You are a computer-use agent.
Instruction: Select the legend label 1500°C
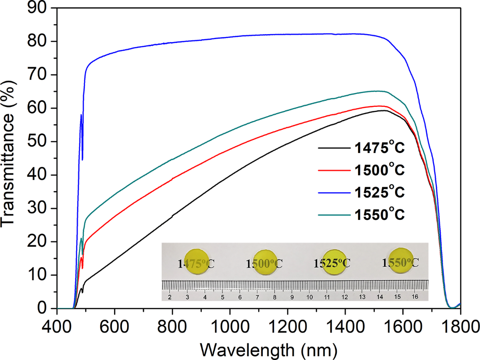point(379,171)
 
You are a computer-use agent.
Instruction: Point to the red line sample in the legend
point(333,171)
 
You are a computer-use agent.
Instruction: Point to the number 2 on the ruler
point(170,296)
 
